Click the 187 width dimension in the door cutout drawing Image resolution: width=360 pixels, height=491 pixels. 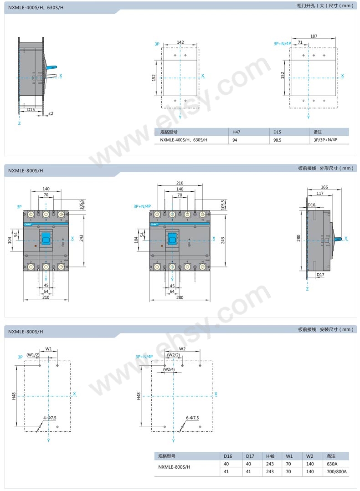point(314,36)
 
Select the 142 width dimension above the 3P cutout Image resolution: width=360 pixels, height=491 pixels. point(180,42)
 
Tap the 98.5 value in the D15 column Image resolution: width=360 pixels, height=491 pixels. point(277,140)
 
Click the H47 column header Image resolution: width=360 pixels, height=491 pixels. point(236,132)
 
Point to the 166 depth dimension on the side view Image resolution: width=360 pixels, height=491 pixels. point(324,187)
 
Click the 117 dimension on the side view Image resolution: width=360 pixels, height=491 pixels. point(320,194)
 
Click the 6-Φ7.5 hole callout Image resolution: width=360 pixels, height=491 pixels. point(192,418)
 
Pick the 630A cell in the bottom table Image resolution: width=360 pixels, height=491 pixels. point(332,464)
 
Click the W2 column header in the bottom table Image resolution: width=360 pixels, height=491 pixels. point(310,456)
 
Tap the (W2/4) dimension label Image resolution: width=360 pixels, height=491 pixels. point(169,369)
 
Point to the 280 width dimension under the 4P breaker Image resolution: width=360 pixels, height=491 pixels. point(180,297)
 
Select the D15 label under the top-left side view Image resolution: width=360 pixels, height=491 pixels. point(31,109)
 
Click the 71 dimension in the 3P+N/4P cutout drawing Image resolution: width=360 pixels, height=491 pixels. point(300,42)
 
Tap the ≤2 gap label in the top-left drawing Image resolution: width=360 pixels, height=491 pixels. point(51,113)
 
